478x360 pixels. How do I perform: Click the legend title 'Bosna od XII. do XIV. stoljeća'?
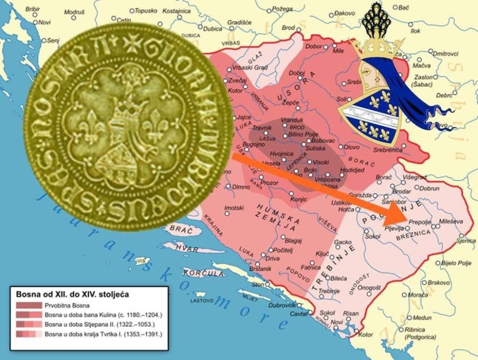72,294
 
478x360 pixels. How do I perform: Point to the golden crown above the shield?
377,48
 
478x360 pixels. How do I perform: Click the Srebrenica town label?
387,150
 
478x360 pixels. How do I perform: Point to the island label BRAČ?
178,228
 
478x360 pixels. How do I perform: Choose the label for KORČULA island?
197,273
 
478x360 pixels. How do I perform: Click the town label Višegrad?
414,177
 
